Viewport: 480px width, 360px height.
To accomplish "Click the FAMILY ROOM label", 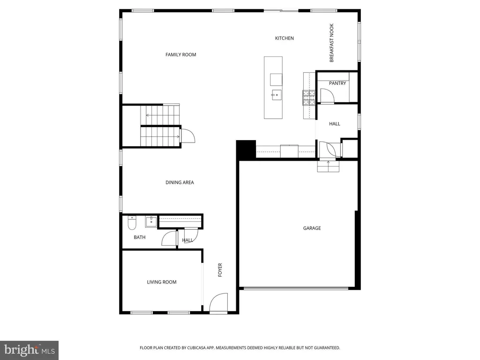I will pos(180,55).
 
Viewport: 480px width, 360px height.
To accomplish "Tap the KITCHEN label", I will pos(284,38).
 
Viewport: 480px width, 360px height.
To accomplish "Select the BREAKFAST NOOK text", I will pos(331,49).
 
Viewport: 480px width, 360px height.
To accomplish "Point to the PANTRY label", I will pos(337,83).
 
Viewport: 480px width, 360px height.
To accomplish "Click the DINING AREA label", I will pos(180,182).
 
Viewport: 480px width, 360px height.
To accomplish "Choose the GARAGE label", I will pos(312,228).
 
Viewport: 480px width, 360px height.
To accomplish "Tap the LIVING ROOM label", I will pos(161,282).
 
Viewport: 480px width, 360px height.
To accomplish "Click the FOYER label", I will pos(220,270).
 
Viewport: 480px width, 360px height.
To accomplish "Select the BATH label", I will pos(140,237).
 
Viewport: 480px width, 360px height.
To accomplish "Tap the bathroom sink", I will pos(150,221).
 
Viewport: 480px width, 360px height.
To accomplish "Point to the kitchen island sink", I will pos(275,94).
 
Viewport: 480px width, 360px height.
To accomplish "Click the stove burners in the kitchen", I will pos(308,97).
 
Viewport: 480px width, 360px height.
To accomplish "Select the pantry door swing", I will pos(327,96).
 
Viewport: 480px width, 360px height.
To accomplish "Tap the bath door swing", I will pos(169,239).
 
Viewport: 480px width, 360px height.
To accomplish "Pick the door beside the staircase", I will pos(187,135).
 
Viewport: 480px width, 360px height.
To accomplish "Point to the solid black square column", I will pos(246,149).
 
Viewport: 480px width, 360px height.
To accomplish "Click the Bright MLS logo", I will pos(29,350).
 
